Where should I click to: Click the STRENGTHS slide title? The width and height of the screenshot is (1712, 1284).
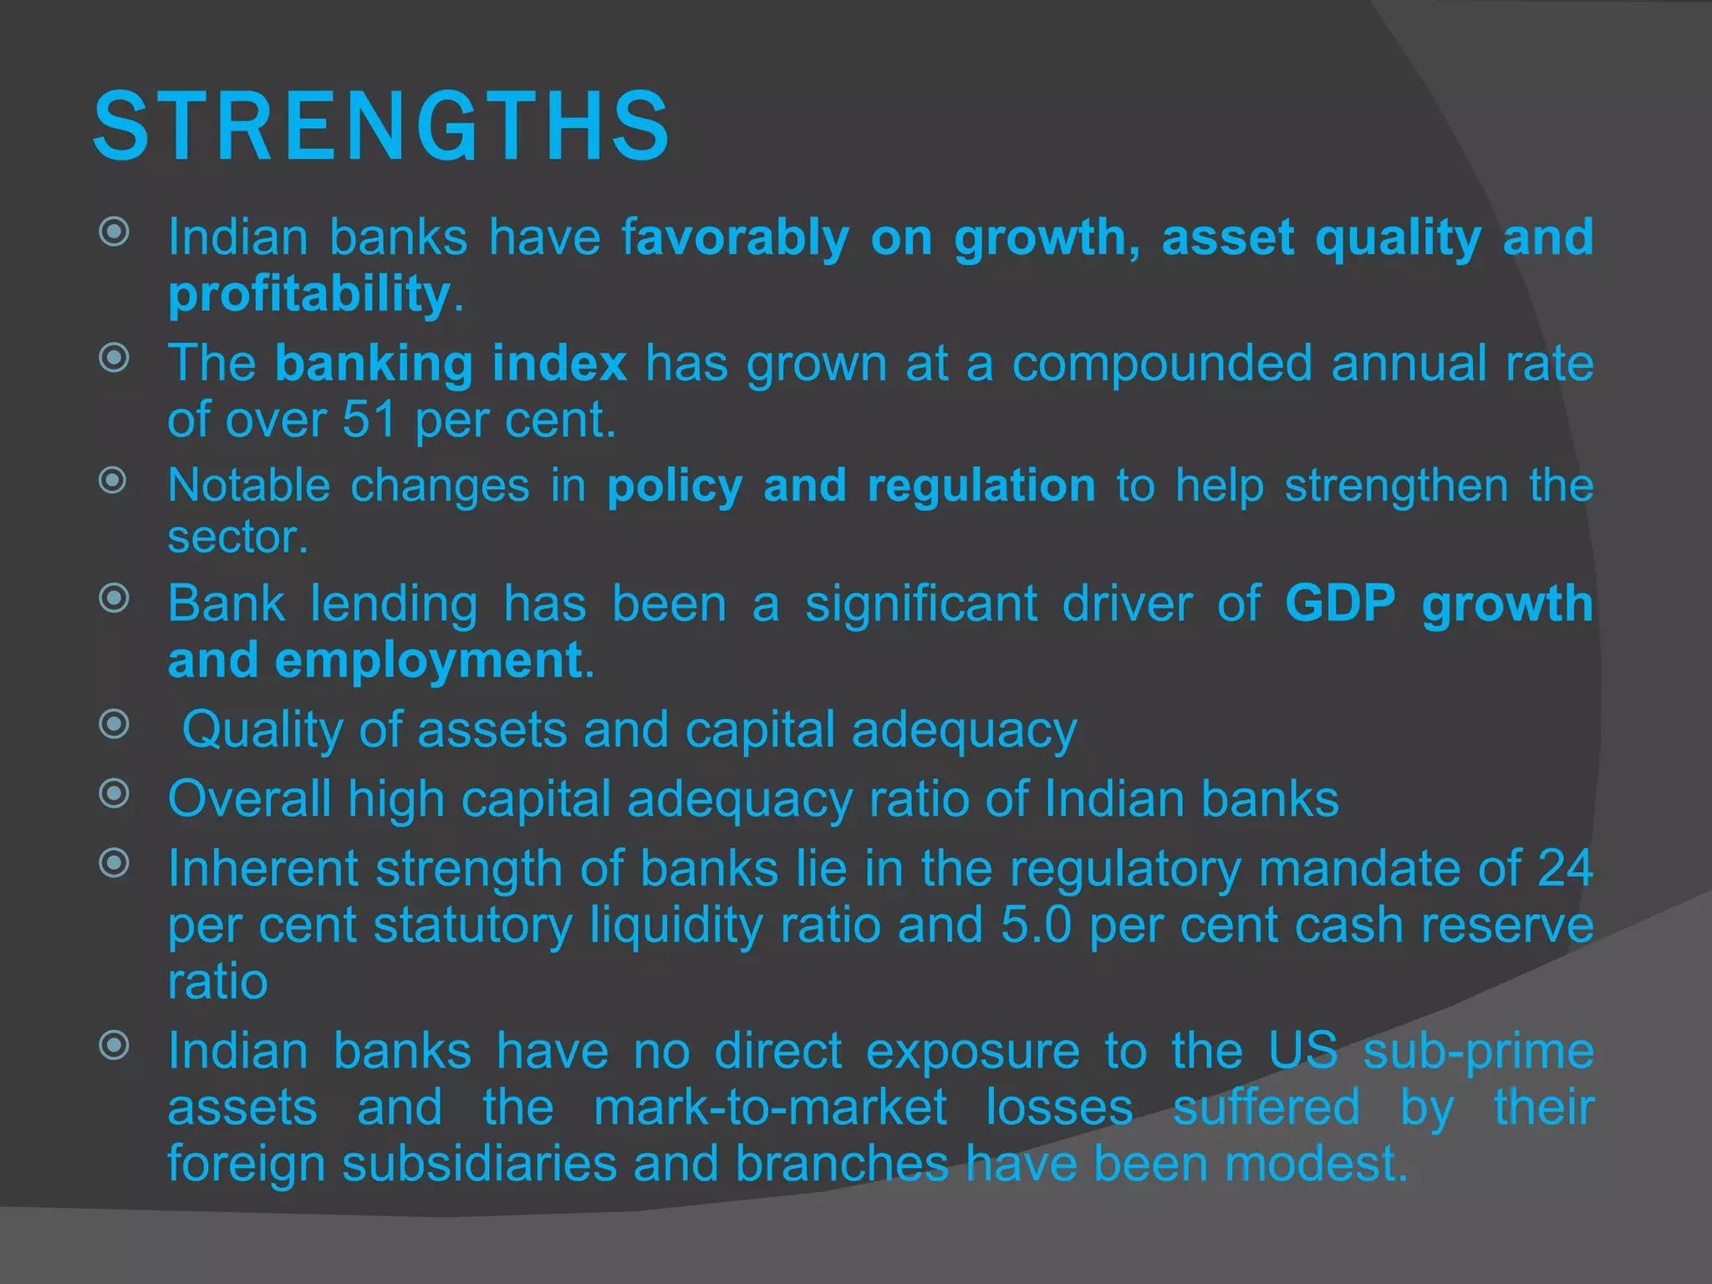click(381, 127)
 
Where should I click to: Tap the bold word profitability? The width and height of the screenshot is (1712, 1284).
click(309, 293)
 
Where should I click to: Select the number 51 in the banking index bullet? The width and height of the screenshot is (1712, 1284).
click(369, 419)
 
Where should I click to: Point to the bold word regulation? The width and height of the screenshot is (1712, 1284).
click(981, 486)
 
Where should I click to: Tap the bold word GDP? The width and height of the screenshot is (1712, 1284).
click(1340, 603)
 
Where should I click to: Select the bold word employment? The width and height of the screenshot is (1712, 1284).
click(428, 660)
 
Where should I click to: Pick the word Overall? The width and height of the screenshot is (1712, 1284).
click(250, 799)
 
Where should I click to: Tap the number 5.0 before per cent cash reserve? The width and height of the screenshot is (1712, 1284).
click(1036, 925)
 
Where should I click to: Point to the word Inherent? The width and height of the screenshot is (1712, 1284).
click(263, 869)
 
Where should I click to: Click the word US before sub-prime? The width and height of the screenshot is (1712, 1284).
click(1302, 1051)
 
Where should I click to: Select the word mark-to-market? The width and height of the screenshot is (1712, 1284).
click(770, 1108)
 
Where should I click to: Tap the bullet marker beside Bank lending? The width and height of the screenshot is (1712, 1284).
click(114, 599)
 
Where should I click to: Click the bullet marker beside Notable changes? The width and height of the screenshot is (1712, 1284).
click(113, 481)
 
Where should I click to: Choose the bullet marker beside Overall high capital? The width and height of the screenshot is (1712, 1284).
click(114, 793)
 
